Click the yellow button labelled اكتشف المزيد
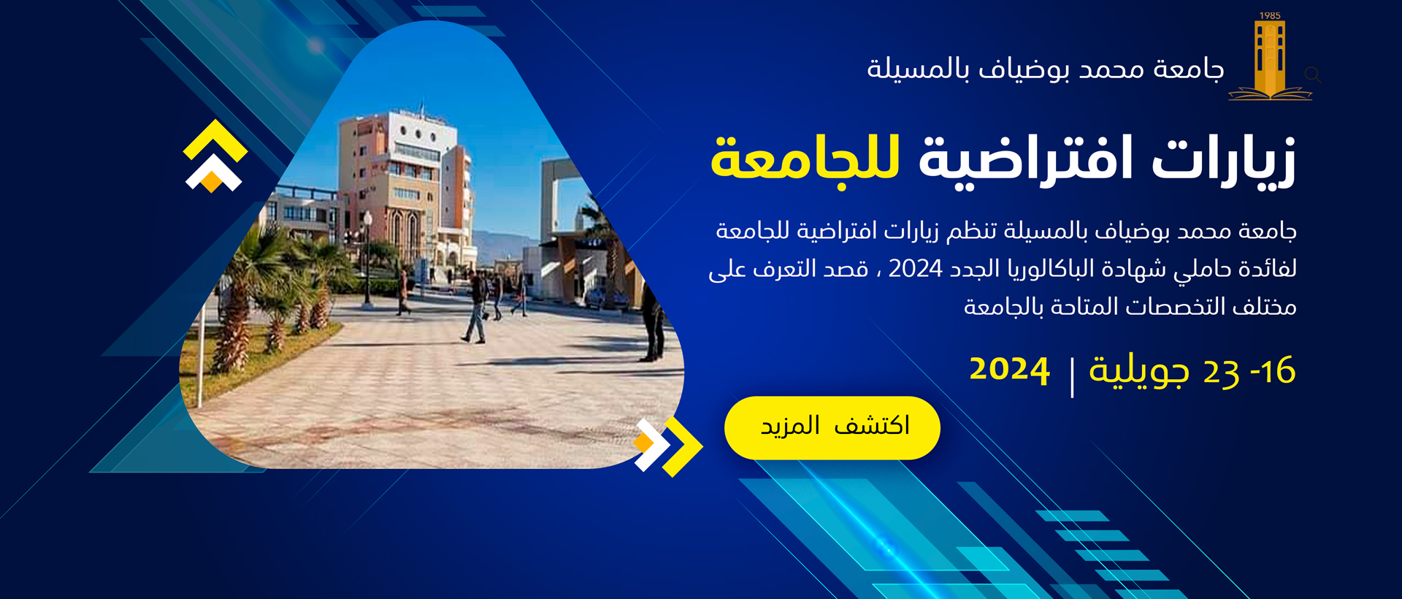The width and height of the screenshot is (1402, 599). [832, 428]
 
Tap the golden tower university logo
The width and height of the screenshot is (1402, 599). [1270, 61]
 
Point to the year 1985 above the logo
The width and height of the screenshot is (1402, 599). [1270, 15]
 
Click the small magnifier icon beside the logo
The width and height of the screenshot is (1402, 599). [1313, 75]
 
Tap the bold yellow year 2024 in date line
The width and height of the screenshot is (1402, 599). [1009, 369]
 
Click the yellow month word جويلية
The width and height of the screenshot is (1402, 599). [1139, 370]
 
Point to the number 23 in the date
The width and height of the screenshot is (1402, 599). [1221, 372]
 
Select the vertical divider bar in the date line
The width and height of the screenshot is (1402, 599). [1071, 377]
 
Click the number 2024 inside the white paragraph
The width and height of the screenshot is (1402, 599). [915, 269]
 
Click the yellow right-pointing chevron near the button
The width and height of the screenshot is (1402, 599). [683, 446]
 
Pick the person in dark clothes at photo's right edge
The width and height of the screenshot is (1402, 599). [653, 321]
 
